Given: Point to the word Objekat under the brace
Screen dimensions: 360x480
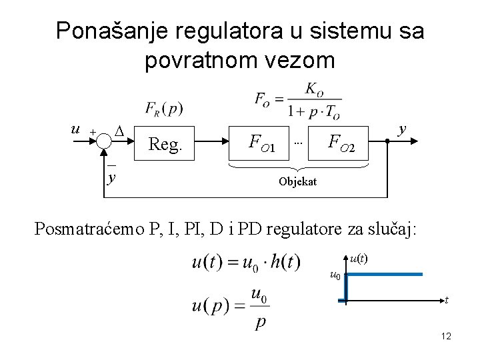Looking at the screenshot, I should pyautogui.click(x=298, y=181).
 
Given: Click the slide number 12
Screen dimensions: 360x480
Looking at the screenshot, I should pyautogui.click(x=446, y=337).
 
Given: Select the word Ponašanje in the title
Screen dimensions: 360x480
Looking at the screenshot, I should pyautogui.click(x=108, y=31).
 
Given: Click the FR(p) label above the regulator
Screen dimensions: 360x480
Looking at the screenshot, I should pyautogui.click(x=163, y=108).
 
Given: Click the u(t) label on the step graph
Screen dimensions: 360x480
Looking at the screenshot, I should pyautogui.click(x=361, y=257).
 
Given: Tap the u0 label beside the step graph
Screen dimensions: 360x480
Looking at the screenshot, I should pyautogui.click(x=335, y=275).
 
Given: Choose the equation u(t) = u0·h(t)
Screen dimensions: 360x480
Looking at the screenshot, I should pyautogui.click(x=247, y=261).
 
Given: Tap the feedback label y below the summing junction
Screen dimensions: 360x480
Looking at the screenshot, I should pyautogui.click(x=111, y=177).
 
